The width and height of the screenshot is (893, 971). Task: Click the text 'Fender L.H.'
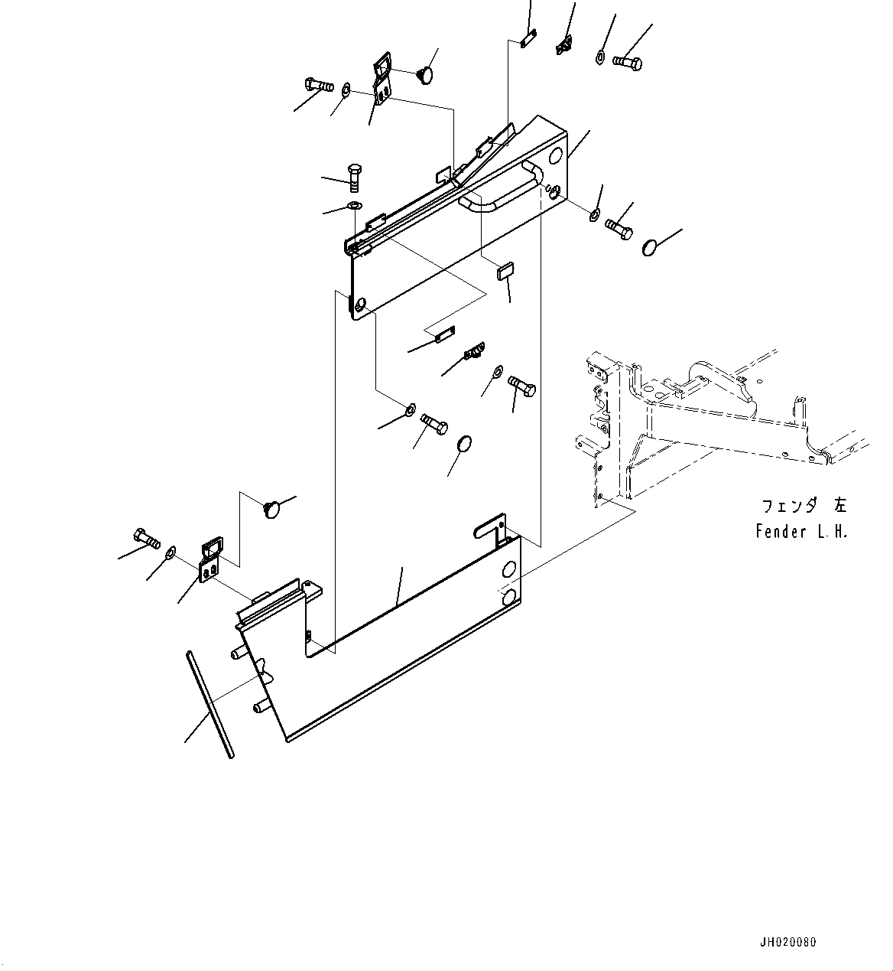pos(801,532)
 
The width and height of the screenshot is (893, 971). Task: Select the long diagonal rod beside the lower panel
pos(209,703)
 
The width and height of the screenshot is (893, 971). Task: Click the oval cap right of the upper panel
pos(651,247)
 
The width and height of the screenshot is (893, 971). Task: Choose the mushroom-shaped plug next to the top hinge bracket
pos(424,74)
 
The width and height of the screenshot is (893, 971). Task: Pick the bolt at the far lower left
pos(146,538)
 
